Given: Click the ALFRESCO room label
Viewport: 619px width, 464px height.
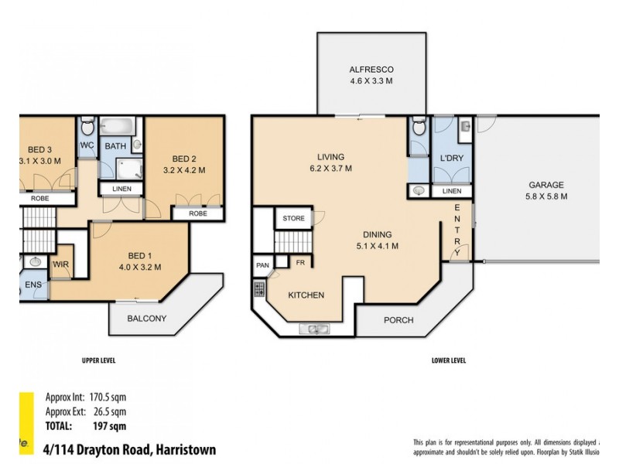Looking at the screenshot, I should pos(371,68).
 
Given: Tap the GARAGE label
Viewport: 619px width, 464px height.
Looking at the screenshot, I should pos(545,185).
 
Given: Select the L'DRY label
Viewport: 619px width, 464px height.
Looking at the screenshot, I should pos(451,159).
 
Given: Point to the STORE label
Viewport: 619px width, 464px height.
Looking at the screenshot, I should pos(293,219).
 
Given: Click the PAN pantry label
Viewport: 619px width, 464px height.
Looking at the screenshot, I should pos(262,266).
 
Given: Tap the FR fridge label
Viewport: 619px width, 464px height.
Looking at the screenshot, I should pos(299,264).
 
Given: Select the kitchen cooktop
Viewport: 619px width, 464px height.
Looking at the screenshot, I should pos(258,292).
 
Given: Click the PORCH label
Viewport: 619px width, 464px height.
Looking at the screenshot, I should pos(398,319).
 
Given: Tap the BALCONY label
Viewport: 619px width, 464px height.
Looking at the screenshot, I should pos(147,318).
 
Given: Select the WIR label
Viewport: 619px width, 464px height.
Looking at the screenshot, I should pos(60,264).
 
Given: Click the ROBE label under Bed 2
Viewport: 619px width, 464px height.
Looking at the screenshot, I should pos(197,213).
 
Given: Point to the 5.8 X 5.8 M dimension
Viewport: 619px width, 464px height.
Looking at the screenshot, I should pos(545,196).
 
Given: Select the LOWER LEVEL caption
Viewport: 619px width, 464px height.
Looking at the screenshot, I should pos(448,360).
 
